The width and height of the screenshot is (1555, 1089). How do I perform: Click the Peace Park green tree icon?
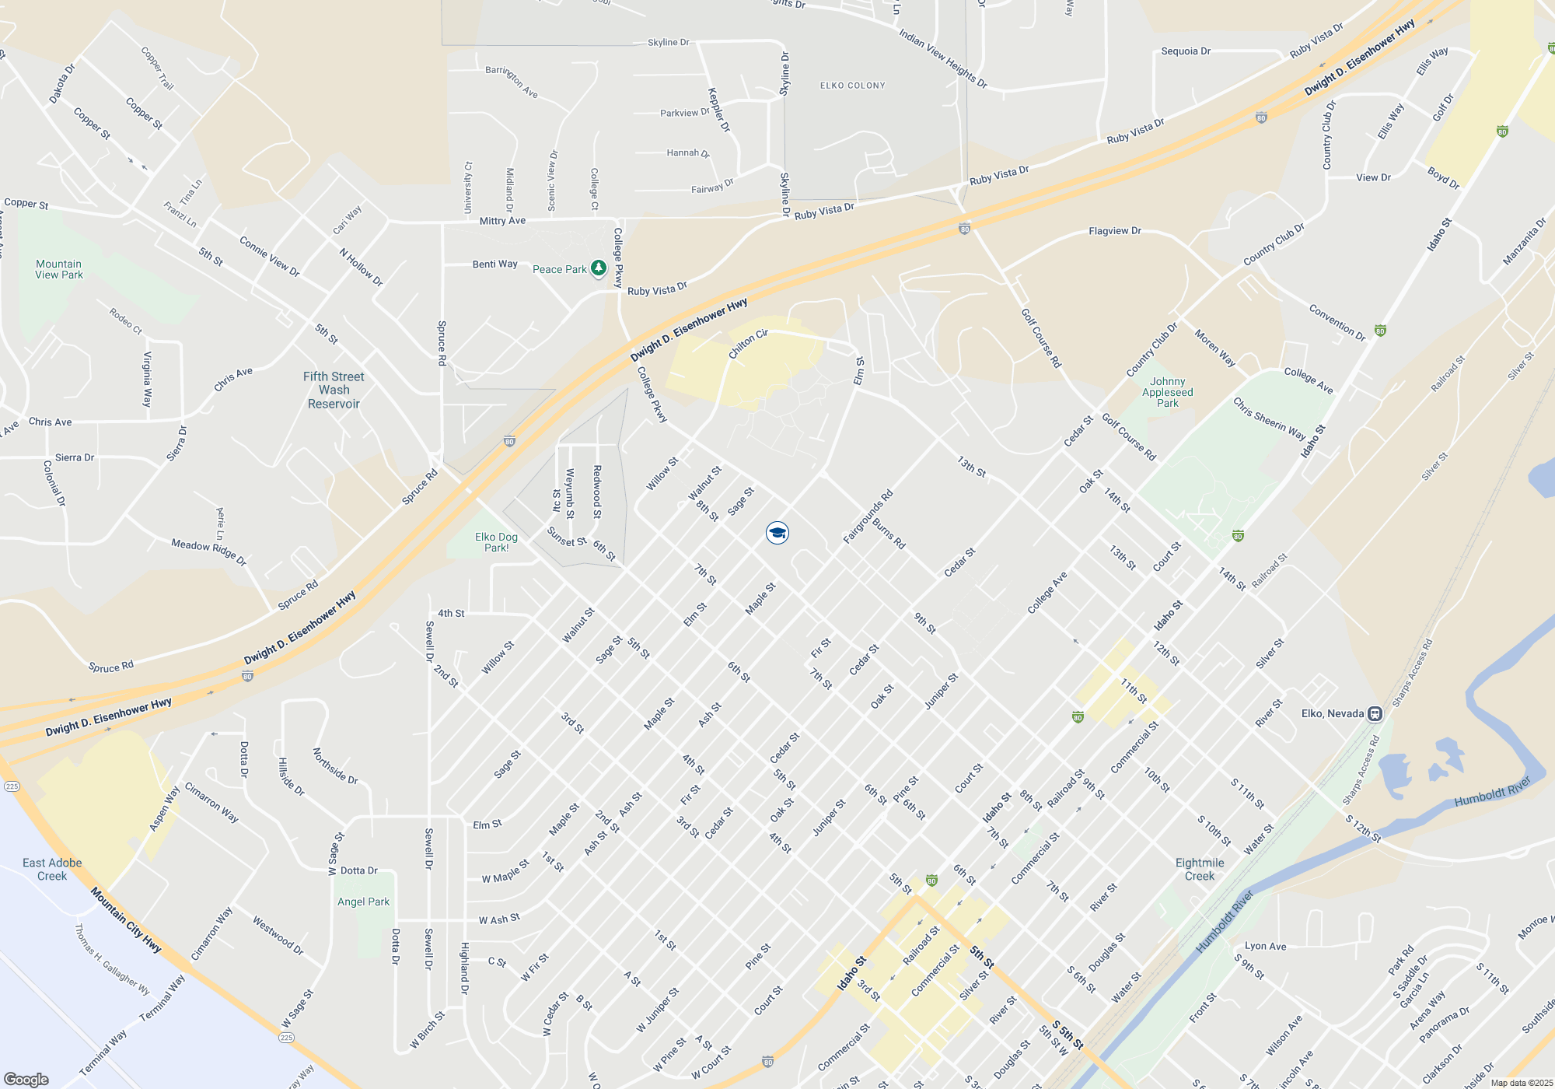(x=598, y=269)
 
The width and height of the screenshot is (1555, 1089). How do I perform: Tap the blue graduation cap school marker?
(x=777, y=533)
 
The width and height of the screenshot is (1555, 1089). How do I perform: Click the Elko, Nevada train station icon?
(x=1375, y=713)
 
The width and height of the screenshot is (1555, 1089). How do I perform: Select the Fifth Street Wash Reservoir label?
(x=334, y=390)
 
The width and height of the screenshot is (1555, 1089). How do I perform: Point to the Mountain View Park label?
(x=59, y=269)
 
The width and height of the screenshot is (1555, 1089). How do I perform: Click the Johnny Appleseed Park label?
(x=1168, y=392)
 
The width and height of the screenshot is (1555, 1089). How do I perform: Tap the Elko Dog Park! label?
(x=496, y=542)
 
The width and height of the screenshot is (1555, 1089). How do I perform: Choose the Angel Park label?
(x=363, y=902)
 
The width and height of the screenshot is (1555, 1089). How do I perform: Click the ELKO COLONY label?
(x=853, y=86)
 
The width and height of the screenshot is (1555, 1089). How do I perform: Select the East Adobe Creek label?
(x=52, y=869)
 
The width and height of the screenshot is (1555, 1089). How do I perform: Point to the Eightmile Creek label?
(x=1200, y=869)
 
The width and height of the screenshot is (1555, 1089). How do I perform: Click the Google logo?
(x=26, y=1079)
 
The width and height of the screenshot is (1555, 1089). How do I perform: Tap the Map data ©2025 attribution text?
(x=1522, y=1083)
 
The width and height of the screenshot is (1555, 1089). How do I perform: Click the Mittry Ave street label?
(x=502, y=221)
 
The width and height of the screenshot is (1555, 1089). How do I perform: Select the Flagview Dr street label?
(x=1115, y=231)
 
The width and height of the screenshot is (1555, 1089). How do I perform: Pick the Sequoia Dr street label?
(x=1186, y=51)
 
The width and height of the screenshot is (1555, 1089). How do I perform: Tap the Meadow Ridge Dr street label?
(x=208, y=552)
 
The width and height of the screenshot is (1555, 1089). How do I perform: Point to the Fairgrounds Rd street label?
(x=868, y=517)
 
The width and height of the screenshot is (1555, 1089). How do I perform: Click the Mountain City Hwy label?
(x=125, y=920)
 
